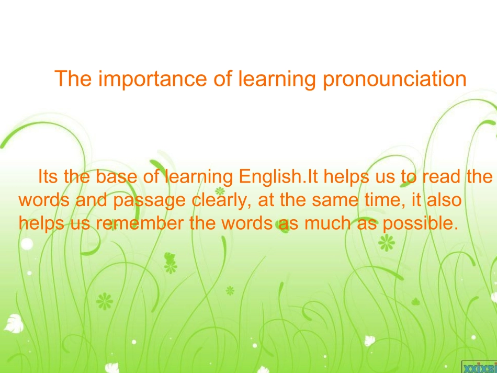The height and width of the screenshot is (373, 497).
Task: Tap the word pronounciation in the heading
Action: tap(394, 79)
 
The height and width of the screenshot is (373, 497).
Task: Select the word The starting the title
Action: tap(73, 79)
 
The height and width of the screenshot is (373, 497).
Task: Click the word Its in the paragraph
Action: tap(48, 177)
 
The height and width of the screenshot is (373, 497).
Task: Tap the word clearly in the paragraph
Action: tap(216, 200)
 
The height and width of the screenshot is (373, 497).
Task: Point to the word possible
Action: tap(418, 223)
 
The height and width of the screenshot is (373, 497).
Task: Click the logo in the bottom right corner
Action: tap(479, 366)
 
